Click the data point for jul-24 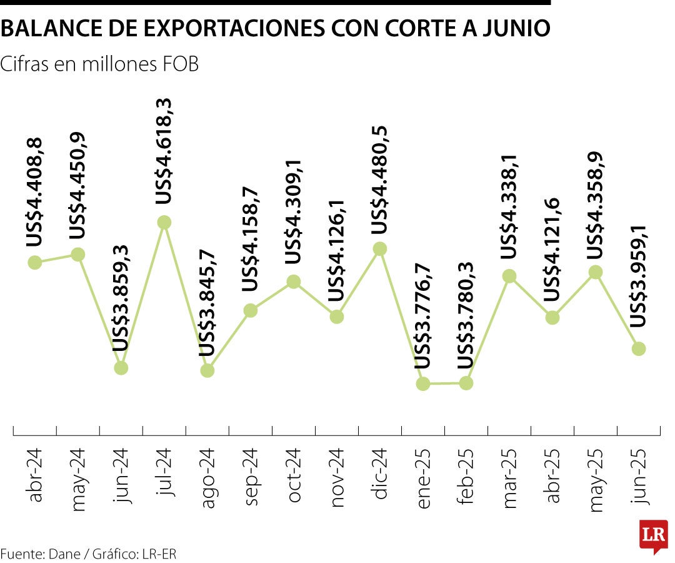(164, 222)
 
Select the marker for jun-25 (638, 348)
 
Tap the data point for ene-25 (423, 383)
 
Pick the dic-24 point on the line (379, 249)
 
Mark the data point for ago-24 (207, 370)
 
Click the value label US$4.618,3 (164, 151)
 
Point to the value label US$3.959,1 (637, 276)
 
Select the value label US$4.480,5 (379, 180)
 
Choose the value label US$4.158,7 (250, 239)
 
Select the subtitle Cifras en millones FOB (100, 64)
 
